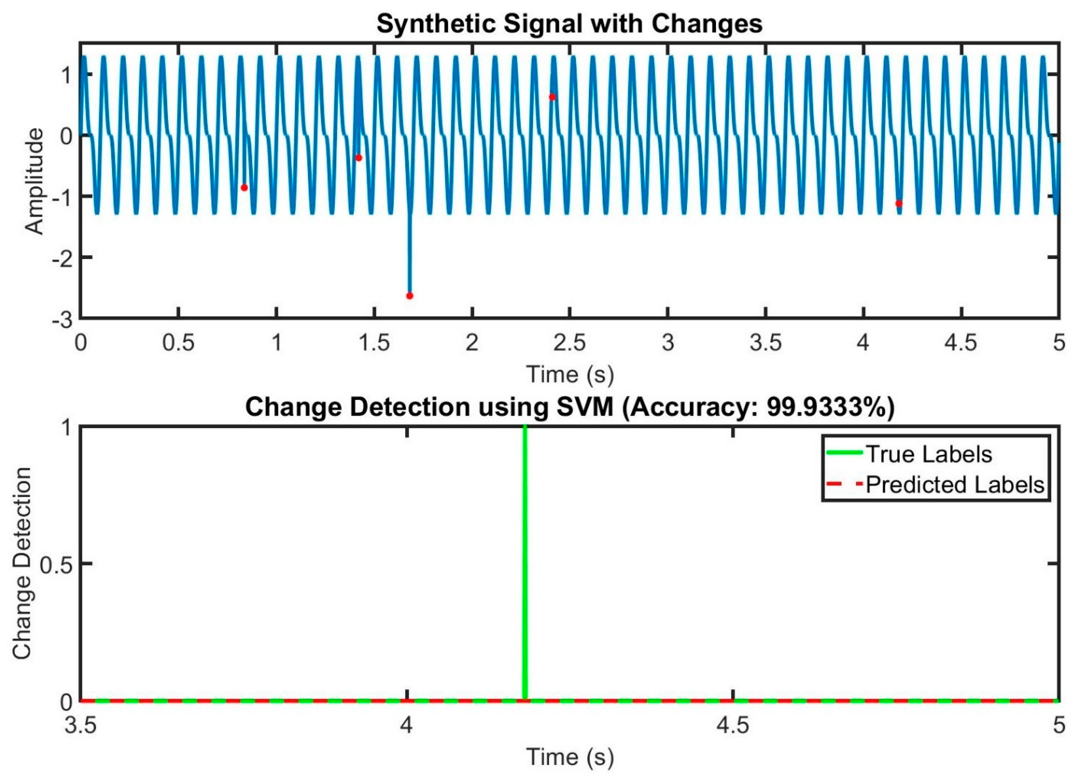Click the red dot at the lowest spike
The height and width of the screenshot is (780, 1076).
(x=409, y=296)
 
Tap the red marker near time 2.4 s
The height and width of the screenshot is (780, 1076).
(x=552, y=97)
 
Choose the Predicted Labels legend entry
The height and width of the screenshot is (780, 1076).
(x=955, y=484)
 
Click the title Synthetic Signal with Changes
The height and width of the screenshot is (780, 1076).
(x=569, y=24)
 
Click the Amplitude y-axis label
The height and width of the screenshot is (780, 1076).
(x=34, y=181)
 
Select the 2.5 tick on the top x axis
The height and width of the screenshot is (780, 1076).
(x=570, y=343)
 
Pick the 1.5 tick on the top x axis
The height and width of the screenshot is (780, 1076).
(x=374, y=343)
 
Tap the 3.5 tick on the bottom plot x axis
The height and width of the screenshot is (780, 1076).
(x=81, y=726)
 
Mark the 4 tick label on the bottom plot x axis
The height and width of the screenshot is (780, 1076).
(x=406, y=726)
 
